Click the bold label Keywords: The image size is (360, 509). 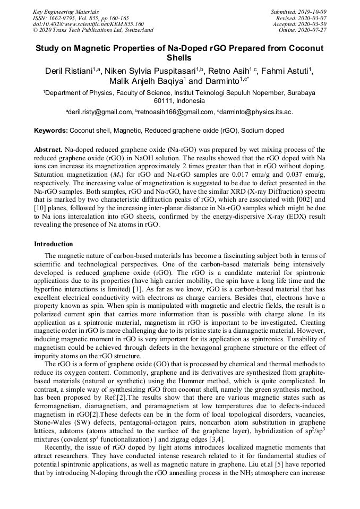[x=51, y=131]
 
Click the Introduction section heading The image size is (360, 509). [x=54, y=244]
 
